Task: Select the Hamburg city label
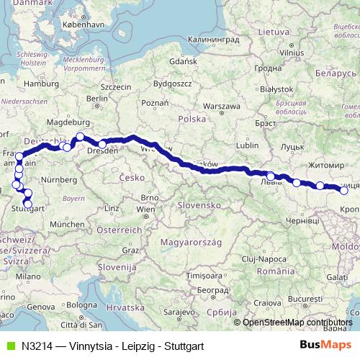40,84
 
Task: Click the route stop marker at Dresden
102,144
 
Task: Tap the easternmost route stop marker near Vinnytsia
344,190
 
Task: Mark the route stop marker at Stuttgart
28,204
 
